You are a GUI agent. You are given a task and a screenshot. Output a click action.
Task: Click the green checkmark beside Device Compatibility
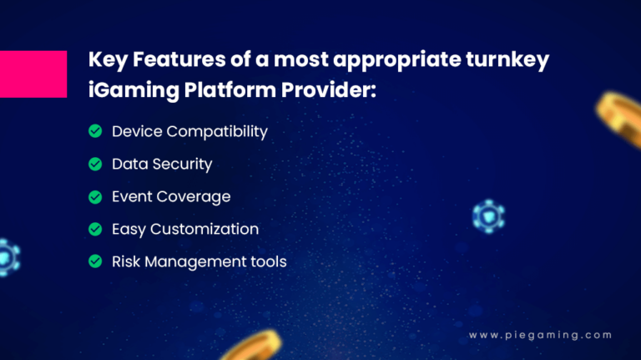(95, 131)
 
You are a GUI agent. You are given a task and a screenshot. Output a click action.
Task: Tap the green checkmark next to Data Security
(95, 164)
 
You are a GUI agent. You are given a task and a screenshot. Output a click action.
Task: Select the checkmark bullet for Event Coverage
(95, 196)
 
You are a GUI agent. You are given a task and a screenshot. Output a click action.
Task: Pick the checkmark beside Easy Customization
(95, 229)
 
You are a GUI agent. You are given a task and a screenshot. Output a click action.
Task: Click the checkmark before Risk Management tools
(95, 261)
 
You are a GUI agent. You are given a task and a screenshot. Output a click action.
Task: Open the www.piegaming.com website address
(540, 335)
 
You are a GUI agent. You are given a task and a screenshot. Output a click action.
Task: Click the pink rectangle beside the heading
(33, 74)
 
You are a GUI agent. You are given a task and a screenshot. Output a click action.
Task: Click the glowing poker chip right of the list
(487, 215)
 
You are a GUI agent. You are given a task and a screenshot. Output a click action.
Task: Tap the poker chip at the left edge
(7, 257)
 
